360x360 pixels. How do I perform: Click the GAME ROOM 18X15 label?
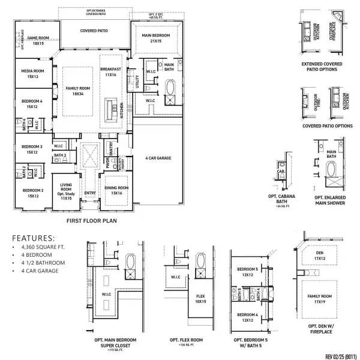pyautogui.click(x=39, y=40)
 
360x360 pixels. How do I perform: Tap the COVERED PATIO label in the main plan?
pyautogui.click(x=94, y=30)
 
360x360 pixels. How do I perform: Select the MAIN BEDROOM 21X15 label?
pyautogui.click(x=157, y=38)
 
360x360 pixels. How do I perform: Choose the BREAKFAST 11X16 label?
pyautogui.click(x=110, y=71)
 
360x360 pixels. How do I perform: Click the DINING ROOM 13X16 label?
pyautogui.click(x=115, y=191)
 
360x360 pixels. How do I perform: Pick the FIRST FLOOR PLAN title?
pyautogui.click(x=89, y=220)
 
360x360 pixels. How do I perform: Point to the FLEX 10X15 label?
pyautogui.click(x=200, y=298)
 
